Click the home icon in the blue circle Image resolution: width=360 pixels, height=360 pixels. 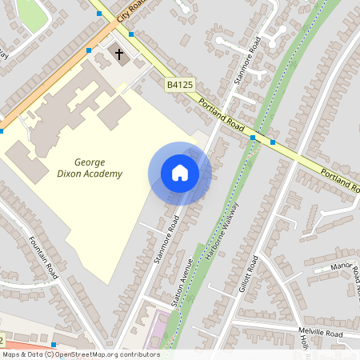click(180, 173)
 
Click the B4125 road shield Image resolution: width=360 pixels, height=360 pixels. click(179, 83)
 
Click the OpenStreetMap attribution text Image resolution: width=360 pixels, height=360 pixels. click(81, 354)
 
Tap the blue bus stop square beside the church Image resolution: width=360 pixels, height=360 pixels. click(130, 34)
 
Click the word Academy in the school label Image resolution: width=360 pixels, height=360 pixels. click(108, 174)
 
